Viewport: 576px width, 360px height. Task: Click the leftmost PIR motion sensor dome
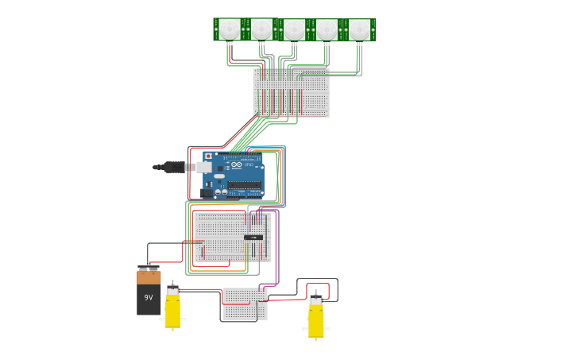pos(229,29)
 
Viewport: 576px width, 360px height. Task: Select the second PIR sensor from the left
pos(261,29)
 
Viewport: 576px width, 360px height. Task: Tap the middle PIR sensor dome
pos(294,29)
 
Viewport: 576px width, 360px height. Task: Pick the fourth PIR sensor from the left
pos(327,29)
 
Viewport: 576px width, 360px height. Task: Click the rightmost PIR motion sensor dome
pos(359,29)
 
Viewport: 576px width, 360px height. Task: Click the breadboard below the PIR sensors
pos(291,93)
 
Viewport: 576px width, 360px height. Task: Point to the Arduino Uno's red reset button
pos(208,157)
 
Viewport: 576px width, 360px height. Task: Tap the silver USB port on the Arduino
pos(203,168)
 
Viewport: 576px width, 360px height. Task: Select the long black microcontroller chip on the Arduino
pos(245,185)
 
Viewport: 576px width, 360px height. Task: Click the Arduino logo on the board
pos(236,165)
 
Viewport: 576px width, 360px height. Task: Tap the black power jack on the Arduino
pos(207,192)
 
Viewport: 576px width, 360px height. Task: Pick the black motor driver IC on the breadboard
pos(253,237)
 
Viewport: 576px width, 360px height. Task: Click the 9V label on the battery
pos(148,298)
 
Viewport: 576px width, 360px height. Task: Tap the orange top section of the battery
pos(149,277)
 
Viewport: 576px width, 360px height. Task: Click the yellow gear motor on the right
pos(316,319)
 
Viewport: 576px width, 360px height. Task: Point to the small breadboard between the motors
pos(245,304)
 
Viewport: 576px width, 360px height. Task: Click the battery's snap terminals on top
pos(149,268)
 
